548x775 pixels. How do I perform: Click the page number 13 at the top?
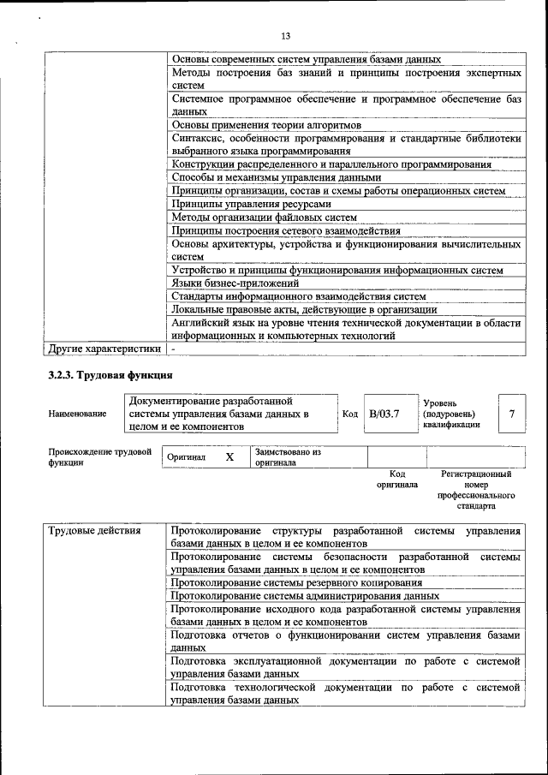(285, 35)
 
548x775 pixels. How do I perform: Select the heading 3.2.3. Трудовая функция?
(110, 375)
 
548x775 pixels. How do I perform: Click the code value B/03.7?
(384, 414)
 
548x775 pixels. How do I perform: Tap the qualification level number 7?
(511, 414)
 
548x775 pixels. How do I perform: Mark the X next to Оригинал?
(229, 457)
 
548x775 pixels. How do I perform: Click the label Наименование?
(78, 414)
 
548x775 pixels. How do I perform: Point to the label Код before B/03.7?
(350, 414)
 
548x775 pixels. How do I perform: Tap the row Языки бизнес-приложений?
(235, 283)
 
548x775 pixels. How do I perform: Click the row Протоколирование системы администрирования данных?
(305, 595)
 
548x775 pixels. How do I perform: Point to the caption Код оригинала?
(397, 479)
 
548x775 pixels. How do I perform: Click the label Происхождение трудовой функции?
(99, 456)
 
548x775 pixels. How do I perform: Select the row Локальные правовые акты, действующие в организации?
(304, 309)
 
